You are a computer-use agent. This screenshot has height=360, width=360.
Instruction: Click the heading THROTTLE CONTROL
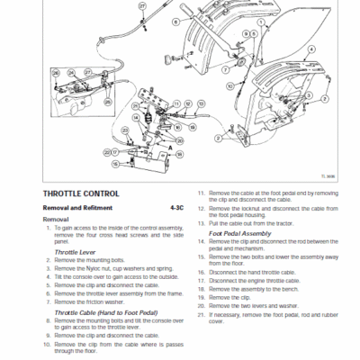(x=79, y=193)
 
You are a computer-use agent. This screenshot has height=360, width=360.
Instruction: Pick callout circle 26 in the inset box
(x=55, y=73)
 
